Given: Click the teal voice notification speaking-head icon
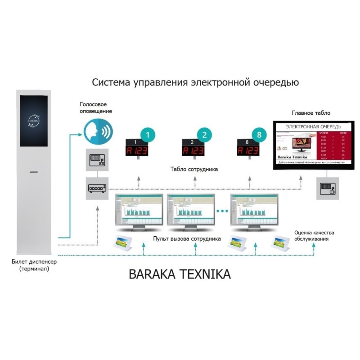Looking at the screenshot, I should pos(98,131).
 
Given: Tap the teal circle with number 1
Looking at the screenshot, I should pos(148,135).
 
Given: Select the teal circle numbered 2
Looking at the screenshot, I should pos(204,135).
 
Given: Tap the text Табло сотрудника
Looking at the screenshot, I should pos(194,170).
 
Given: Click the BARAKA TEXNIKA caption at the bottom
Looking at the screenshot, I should pos(180,274).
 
